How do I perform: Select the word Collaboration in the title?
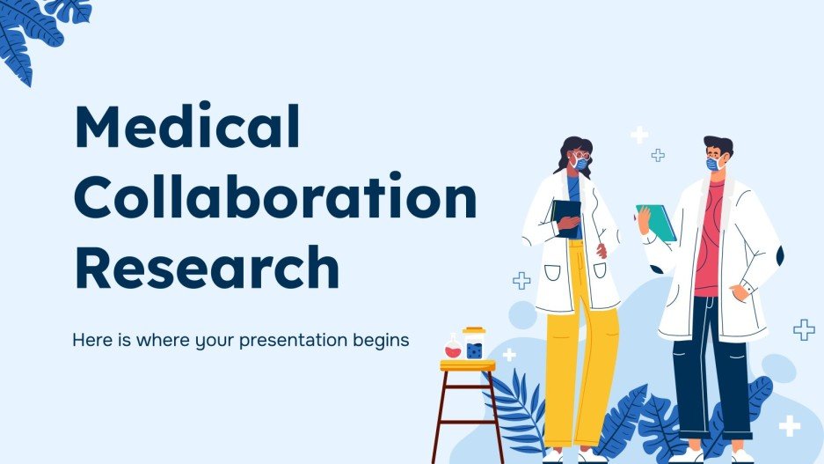pos(274,197)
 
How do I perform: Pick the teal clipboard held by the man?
pos(657,223)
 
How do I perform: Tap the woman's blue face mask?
pos(580,164)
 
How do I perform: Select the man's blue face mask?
pos(714,164)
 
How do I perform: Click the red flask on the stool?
pos(453,350)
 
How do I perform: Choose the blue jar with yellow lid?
pos(474,344)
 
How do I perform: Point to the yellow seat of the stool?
pos(467,365)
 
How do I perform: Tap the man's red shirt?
pos(709,242)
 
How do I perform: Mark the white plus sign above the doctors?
pos(639,135)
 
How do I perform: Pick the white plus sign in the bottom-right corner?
pos(790,426)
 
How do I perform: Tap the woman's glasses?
pos(581,155)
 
